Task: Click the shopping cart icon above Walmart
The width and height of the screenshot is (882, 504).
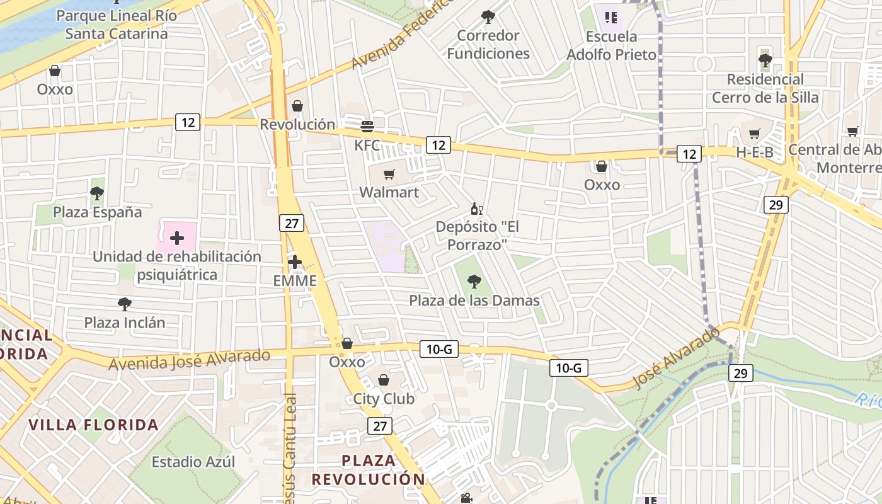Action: (389, 174)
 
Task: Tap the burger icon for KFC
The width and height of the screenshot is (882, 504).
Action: (367, 127)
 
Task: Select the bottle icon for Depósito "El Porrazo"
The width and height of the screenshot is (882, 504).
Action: (477, 209)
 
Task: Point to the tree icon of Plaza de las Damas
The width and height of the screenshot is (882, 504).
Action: (474, 282)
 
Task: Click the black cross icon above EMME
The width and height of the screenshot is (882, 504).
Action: (295, 262)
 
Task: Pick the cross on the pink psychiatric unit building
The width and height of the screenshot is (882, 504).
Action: (177, 238)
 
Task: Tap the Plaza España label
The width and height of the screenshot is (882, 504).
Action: (98, 212)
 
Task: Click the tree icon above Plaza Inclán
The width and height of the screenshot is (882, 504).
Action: (125, 304)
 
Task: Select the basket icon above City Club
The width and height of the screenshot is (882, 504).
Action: (384, 380)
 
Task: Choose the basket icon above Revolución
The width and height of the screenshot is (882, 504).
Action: (297, 106)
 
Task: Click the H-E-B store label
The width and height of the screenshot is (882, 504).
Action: (754, 152)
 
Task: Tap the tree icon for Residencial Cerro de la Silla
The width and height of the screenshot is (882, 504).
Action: (765, 60)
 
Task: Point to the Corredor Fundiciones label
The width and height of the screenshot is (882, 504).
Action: (488, 44)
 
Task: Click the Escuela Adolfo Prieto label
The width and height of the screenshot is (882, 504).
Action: (611, 46)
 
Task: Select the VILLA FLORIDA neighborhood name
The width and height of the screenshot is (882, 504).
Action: (93, 425)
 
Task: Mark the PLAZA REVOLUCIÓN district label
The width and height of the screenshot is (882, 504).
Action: (369, 469)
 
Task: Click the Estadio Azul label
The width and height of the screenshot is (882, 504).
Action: (193, 462)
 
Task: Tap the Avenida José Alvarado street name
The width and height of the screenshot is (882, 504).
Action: (190, 360)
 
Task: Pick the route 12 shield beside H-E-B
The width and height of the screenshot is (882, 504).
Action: (689, 153)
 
